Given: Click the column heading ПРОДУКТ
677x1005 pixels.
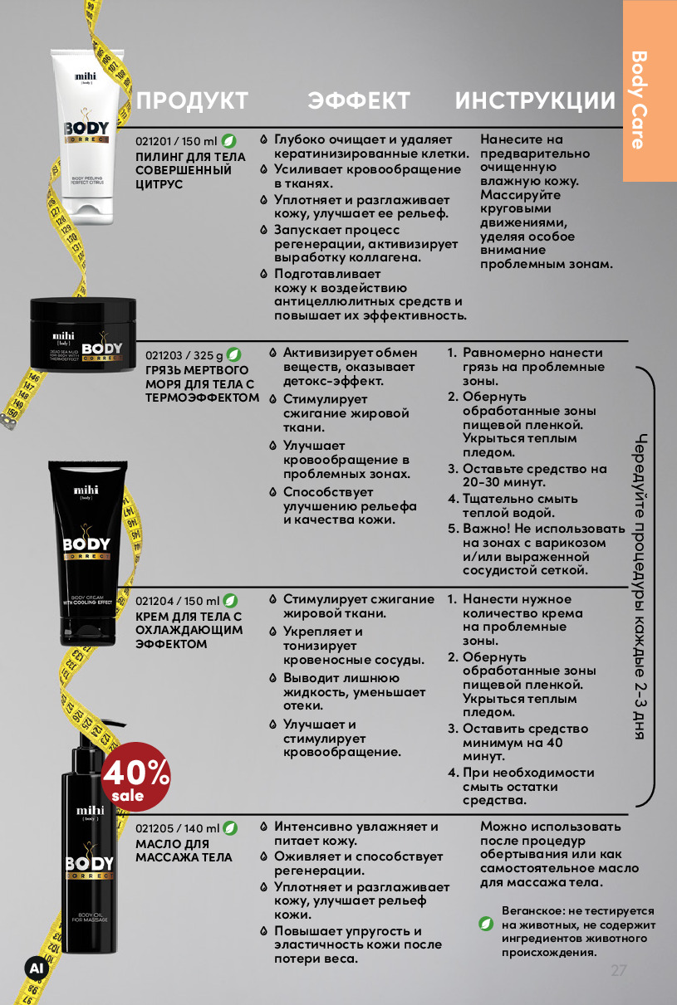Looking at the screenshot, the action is (x=192, y=100).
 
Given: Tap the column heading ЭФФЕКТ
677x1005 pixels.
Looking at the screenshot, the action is (x=359, y=100).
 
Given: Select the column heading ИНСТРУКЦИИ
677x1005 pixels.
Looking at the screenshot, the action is (x=535, y=100).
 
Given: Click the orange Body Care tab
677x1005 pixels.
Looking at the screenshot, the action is (x=650, y=90).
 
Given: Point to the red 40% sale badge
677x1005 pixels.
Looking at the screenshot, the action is (x=135, y=777).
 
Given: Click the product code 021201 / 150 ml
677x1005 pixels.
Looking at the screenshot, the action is (x=176, y=141).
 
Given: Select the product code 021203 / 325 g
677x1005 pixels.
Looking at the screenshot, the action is (x=184, y=355).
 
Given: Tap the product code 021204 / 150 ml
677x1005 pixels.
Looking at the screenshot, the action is (x=178, y=601).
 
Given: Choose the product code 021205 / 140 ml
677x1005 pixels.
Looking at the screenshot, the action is (x=178, y=828).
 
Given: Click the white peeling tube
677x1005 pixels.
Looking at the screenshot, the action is (x=87, y=136).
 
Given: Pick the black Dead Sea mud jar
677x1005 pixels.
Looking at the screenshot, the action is (x=83, y=334).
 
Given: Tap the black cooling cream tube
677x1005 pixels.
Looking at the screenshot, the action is (x=87, y=553).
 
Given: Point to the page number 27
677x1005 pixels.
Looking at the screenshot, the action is (x=619, y=970).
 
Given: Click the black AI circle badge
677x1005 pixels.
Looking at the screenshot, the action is (x=37, y=968).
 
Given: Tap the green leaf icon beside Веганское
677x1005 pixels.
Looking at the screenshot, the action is (x=486, y=924).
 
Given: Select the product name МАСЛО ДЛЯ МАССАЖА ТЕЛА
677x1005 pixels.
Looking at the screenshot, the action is (x=184, y=851).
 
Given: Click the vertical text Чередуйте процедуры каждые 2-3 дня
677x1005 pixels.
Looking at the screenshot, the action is (x=640, y=586).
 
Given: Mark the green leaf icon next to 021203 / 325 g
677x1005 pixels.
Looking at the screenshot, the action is (x=233, y=354).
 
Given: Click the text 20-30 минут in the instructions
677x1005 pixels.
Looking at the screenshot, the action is (x=504, y=482).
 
